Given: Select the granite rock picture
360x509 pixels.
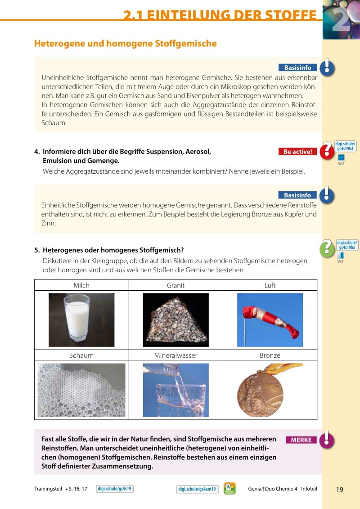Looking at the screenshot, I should [175, 320].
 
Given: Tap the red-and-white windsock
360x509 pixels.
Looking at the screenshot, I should [270, 320].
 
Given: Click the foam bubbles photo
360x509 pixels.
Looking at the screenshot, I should [81, 390].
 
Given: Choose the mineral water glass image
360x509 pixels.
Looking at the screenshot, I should [175, 390].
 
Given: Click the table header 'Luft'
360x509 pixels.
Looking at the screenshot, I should [270, 285].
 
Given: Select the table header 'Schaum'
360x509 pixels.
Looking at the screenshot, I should [81, 356].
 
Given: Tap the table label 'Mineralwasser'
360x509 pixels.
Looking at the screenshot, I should [175, 356].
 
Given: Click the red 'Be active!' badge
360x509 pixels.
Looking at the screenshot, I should [297, 152].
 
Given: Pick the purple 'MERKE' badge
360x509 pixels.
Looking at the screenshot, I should [301, 440].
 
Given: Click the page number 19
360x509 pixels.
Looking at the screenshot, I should [340, 490].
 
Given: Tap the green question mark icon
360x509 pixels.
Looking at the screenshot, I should [326, 248].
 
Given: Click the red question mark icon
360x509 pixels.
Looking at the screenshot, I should [327, 151].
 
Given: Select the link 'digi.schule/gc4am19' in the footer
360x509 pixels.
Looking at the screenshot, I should [197, 489].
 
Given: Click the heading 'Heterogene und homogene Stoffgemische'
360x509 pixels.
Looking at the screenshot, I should [126, 44].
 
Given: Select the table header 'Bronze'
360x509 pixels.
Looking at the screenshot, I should [270, 356].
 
